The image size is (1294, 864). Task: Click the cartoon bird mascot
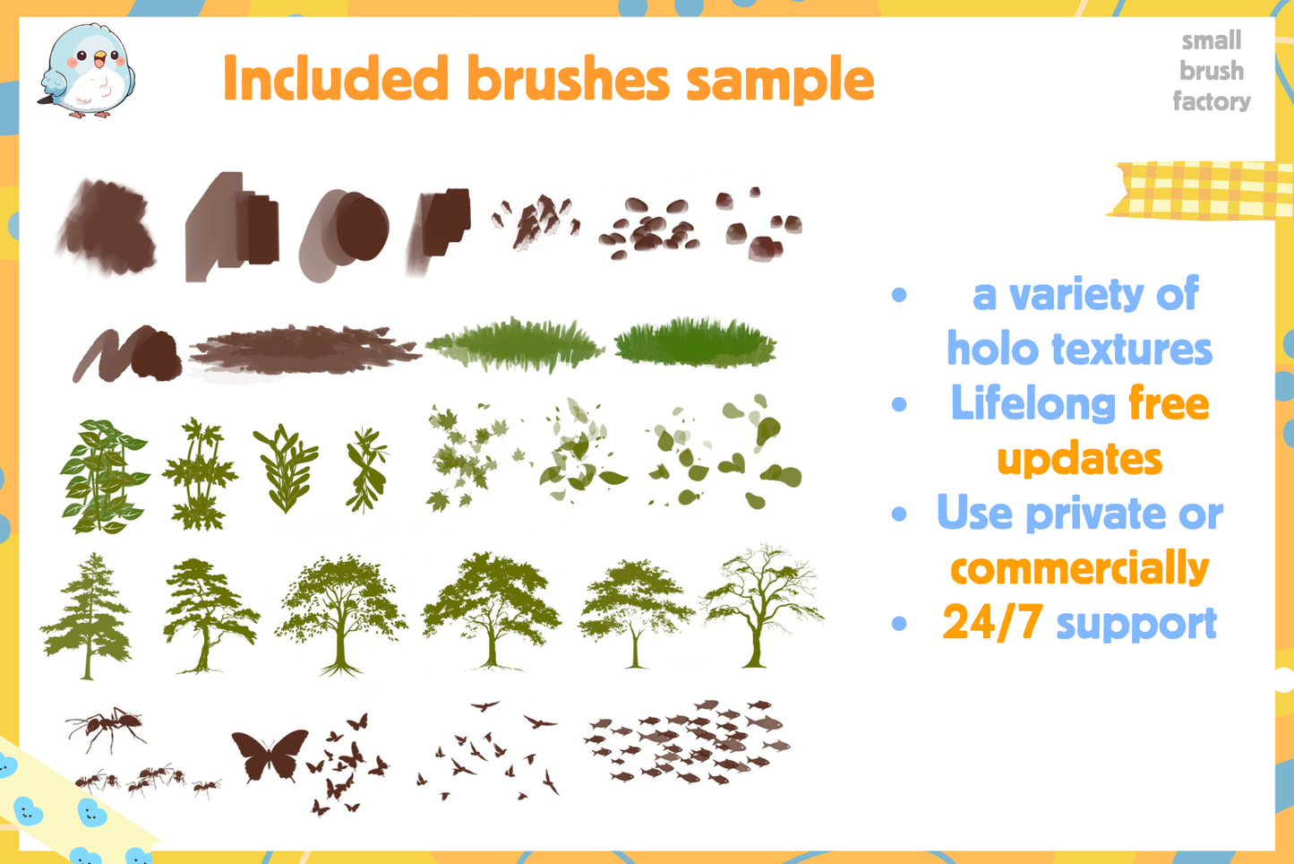click(x=87, y=72)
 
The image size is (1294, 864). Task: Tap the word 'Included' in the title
click(x=335, y=79)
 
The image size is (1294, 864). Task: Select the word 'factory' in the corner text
click(x=1212, y=101)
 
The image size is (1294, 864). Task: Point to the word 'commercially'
click(x=1079, y=568)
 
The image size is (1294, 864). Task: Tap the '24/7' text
click(x=991, y=623)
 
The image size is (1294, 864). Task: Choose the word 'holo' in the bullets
click(x=992, y=349)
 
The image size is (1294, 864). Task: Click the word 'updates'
click(x=1079, y=460)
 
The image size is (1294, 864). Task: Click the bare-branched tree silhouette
click(x=761, y=605)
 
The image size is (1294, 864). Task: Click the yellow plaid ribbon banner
click(x=1200, y=190)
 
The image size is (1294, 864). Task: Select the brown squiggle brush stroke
click(x=125, y=355)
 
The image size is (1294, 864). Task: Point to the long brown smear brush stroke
click(x=304, y=350)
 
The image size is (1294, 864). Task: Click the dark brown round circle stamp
click(x=361, y=227)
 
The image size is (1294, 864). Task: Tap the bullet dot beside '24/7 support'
click(x=900, y=624)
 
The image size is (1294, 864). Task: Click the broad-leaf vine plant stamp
click(x=102, y=476)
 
